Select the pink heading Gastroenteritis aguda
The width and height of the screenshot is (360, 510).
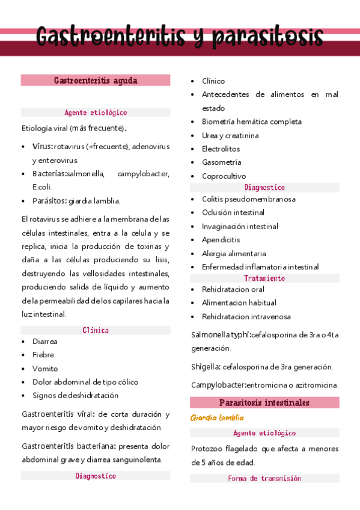point(96,80)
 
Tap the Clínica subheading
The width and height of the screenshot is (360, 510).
point(96,330)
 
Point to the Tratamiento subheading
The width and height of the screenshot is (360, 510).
point(264,278)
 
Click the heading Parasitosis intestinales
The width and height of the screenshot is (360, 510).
point(264,402)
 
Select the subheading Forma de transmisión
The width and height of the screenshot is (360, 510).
point(264,479)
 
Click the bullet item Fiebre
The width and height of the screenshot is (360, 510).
point(43,355)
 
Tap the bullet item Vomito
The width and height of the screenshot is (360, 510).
point(45,369)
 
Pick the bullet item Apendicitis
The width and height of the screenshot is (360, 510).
point(221,240)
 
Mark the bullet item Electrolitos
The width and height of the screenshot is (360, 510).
point(221,149)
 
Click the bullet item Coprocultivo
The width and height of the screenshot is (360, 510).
point(224,176)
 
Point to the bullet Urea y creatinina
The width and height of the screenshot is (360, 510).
point(230,135)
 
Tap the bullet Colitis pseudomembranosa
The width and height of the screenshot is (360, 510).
point(249,198)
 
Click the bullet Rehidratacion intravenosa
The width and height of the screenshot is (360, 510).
point(246,316)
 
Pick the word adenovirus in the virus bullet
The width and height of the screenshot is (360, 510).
point(151,146)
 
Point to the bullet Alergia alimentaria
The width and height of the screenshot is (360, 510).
point(234,254)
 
